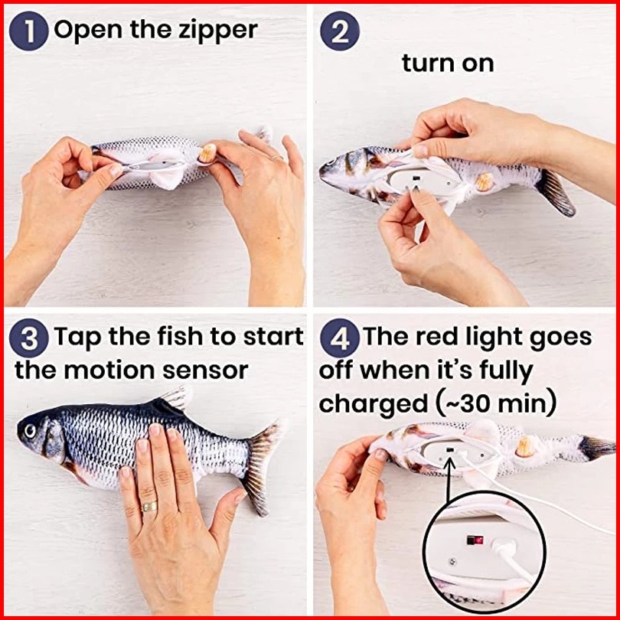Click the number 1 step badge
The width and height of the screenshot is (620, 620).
pos(28,31)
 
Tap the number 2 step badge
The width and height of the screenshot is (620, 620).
pos(340,31)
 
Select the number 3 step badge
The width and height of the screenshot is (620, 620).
pos(28,338)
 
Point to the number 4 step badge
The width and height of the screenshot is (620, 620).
pos(340,338)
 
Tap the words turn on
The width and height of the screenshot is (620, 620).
pos(448,64)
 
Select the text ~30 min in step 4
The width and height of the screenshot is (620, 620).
pos(501,404)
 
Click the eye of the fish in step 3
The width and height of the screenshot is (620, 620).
pos(30,431)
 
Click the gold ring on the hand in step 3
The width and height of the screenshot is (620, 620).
pos(149,506)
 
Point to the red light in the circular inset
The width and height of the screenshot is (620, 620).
pos(478,540)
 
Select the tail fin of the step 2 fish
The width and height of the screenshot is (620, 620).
pos(556,192)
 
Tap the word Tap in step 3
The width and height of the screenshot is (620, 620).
pos(77,338)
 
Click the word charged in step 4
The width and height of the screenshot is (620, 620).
pos(374,404)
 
